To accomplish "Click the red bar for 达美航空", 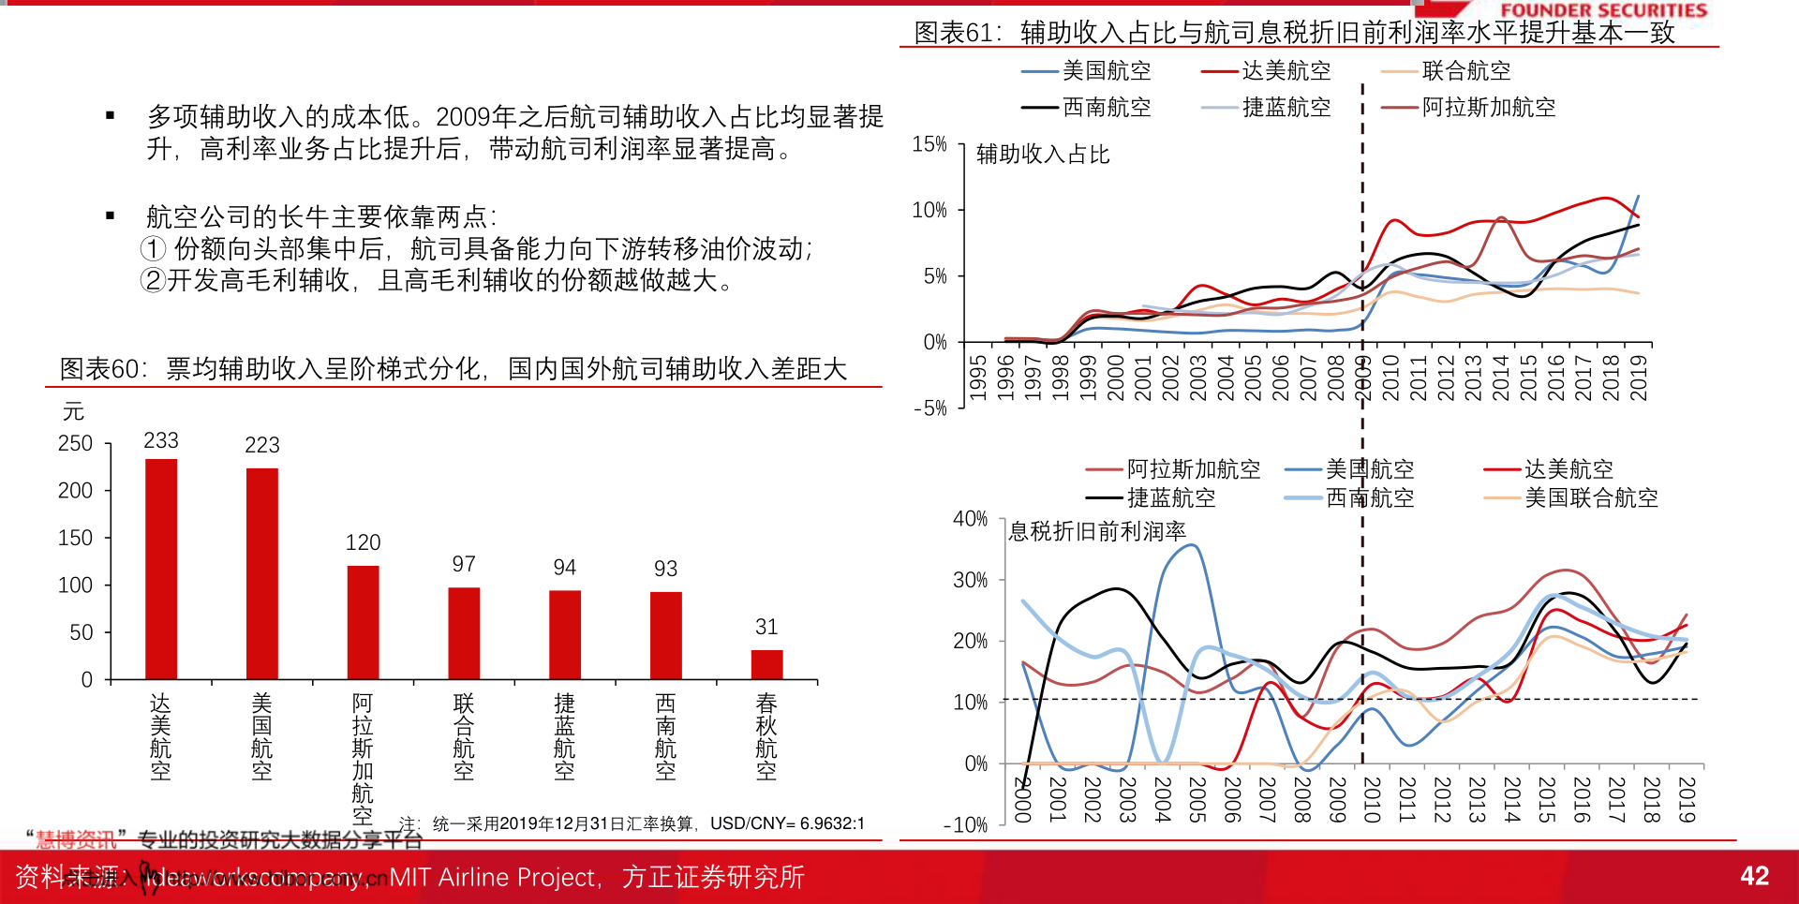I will click(x=161, y=569).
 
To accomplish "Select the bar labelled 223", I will click(x=262, y=572).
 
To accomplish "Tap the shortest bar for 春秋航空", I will click(x=766, y=664).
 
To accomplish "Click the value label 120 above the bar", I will click(x=363, y=542).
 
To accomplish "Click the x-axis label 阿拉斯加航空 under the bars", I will click(x=363, y=759).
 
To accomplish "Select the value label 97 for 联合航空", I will click(x=464, y=564).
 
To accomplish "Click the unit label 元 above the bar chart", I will click(x=73, y=411).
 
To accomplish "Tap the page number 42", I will click(x=1754, y=876).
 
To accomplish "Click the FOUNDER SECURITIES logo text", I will click(x=1603, y=10).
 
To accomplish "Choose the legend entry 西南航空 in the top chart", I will click(x=1106, y=108).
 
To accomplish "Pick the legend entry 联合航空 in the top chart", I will click(x=1465, y=71).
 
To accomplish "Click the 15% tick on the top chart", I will click(x=929, y=144).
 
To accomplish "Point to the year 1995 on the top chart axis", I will click(x=977, y=377).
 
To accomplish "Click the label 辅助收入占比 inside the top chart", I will click(x=1043, y=155).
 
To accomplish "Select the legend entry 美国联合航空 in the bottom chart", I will click(x=1591, y=498).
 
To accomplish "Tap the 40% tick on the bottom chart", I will click(x=970, y=519).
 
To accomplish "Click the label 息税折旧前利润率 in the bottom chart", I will click(x=1097, y=532).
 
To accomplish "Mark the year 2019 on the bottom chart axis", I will click(x=1687, y=799).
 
